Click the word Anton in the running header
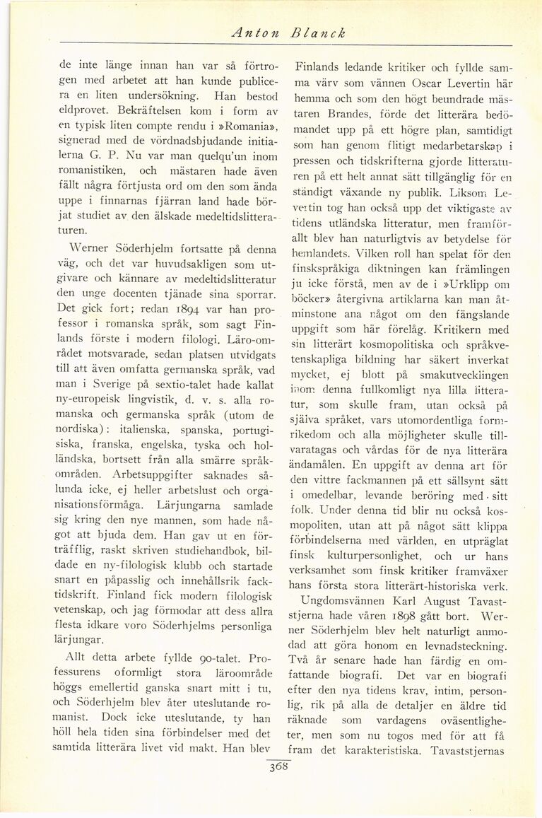[252, 33]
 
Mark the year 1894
[167, 330]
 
